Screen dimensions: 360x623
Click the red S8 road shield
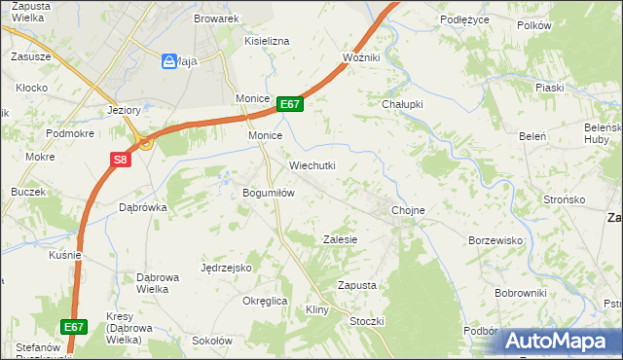pyautogui.click(x=119, y=161)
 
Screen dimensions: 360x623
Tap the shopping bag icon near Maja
pyautogui.click(x=168, y=61)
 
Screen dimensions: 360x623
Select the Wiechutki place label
pyautogui.click(x=311, y=165)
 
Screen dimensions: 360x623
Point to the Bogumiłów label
pyautogui.click(x=269, y=193)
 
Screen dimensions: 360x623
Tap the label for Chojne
pyautogui.click(x=408, y=210)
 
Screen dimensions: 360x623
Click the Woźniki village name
pyautogui.click(x=361, y=58)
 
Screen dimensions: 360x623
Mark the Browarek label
pyautogui.click(x=216, y=18)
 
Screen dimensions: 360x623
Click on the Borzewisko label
pyautogui.click(x=496, y=240)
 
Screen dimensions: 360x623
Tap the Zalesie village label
pyautogui.click(x=341, y=239)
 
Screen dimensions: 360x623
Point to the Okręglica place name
pyautogui.click(x=265, y=301)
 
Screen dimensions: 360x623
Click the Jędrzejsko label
pyautogui.click(x=227, y=268)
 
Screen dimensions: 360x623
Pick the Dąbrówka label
pyautogui.click(x=143, y=207)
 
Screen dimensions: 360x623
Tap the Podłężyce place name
pyautogui.click(x=462, y=18)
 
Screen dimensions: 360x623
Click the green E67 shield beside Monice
pyautogui.click(x=290, y=104)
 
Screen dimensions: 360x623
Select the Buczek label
pyautogui.click(x=29, y=192)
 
